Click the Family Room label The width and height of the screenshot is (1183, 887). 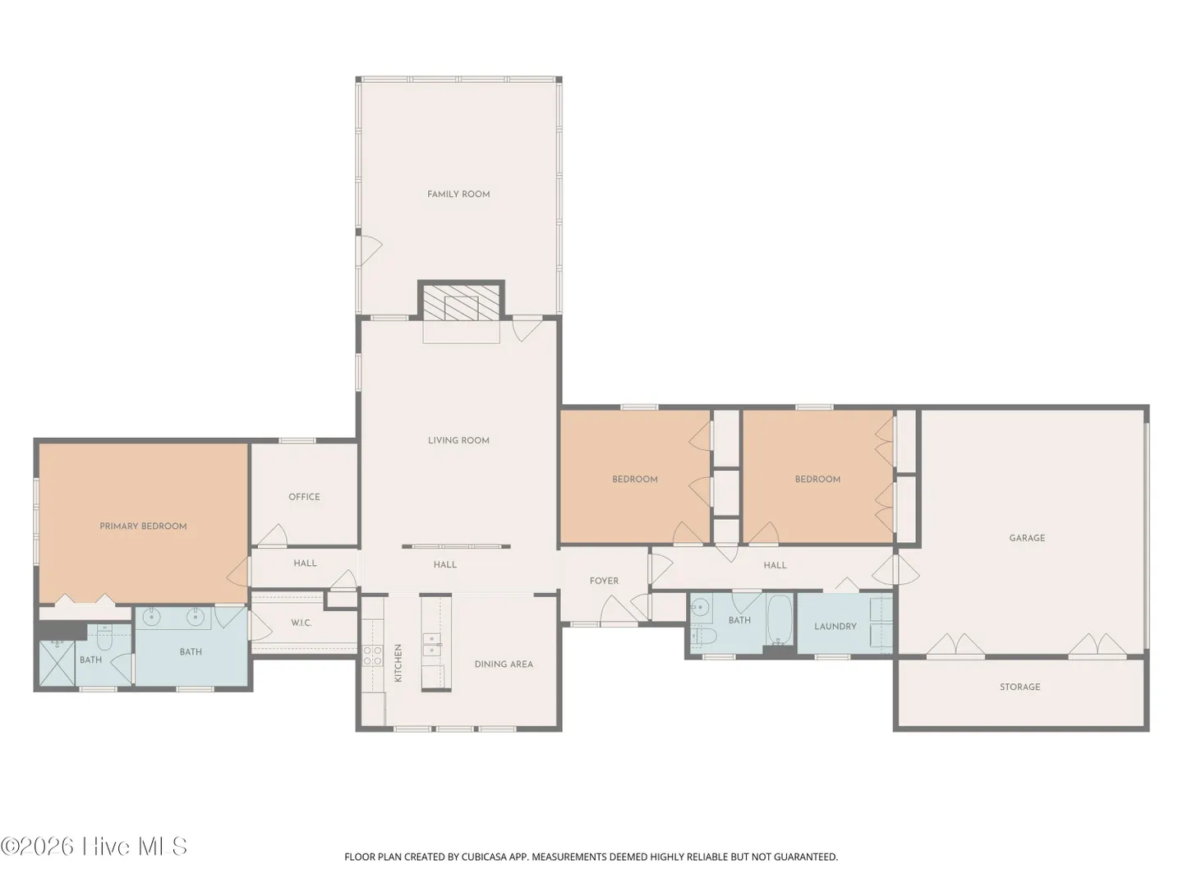[458, 195]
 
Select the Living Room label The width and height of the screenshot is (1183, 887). [458, 440]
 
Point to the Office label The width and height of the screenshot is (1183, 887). [304, 497]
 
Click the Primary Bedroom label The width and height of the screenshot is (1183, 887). [143, 526]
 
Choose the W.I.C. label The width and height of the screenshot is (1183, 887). [302, 623]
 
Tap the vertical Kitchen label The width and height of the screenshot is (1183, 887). [398, 663]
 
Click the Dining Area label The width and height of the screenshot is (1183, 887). [504, 664]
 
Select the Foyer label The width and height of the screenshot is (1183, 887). [604, 581]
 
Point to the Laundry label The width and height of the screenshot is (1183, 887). [835, 627]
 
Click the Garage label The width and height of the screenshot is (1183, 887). [1027, 538]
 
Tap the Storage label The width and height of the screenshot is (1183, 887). [1020, 687]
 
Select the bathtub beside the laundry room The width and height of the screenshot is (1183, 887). [780, 620]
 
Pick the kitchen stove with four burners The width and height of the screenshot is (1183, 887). [372, 656]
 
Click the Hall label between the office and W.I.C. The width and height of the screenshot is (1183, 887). [305, 563]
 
